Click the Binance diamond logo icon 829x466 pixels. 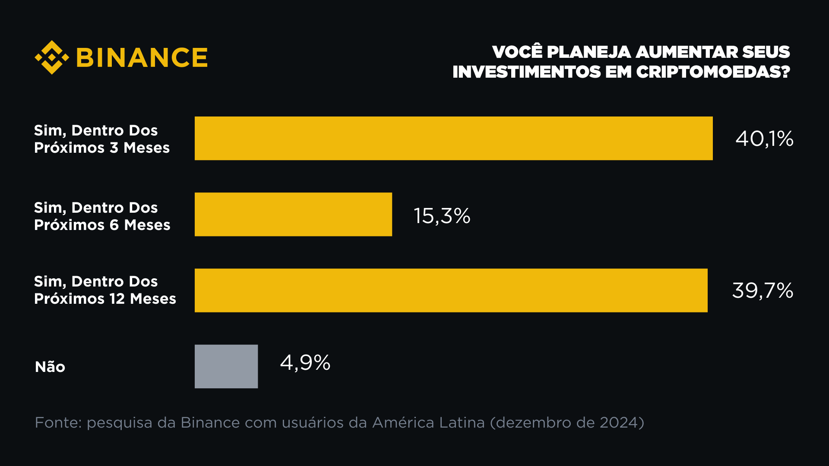[52, 57]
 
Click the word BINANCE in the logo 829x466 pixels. [142, 58]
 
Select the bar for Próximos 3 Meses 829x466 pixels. [453, 139]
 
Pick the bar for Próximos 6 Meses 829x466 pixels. [293, 214]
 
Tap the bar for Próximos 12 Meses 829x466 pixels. [451, 290]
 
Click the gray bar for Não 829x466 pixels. [226, 366]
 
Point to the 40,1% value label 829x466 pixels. [764, 139]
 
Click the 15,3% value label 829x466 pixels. [442, 216]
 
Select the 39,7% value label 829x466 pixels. [763, 290]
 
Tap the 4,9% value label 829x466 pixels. [305, 362]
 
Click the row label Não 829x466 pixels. [50, 367]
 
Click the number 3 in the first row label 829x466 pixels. [114, 148]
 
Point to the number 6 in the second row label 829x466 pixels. [114, 225]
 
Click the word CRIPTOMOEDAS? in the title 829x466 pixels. [713, 72]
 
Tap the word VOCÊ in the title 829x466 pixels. [517, 52]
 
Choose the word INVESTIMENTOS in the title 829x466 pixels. [526, 72]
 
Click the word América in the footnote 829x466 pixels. [403, 422]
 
